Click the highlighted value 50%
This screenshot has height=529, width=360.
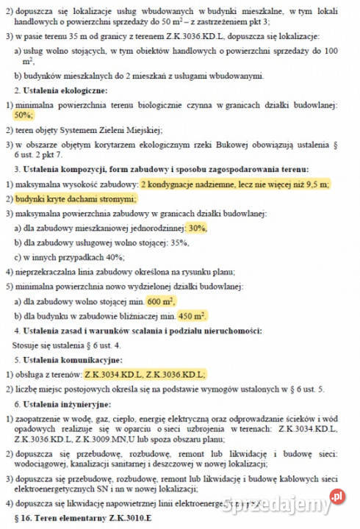pos(24,116)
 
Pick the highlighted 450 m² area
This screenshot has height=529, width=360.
pos(192,316)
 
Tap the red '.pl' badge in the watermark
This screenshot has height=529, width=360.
pos(337,496)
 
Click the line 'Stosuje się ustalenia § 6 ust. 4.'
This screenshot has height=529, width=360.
pos(65,345)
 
